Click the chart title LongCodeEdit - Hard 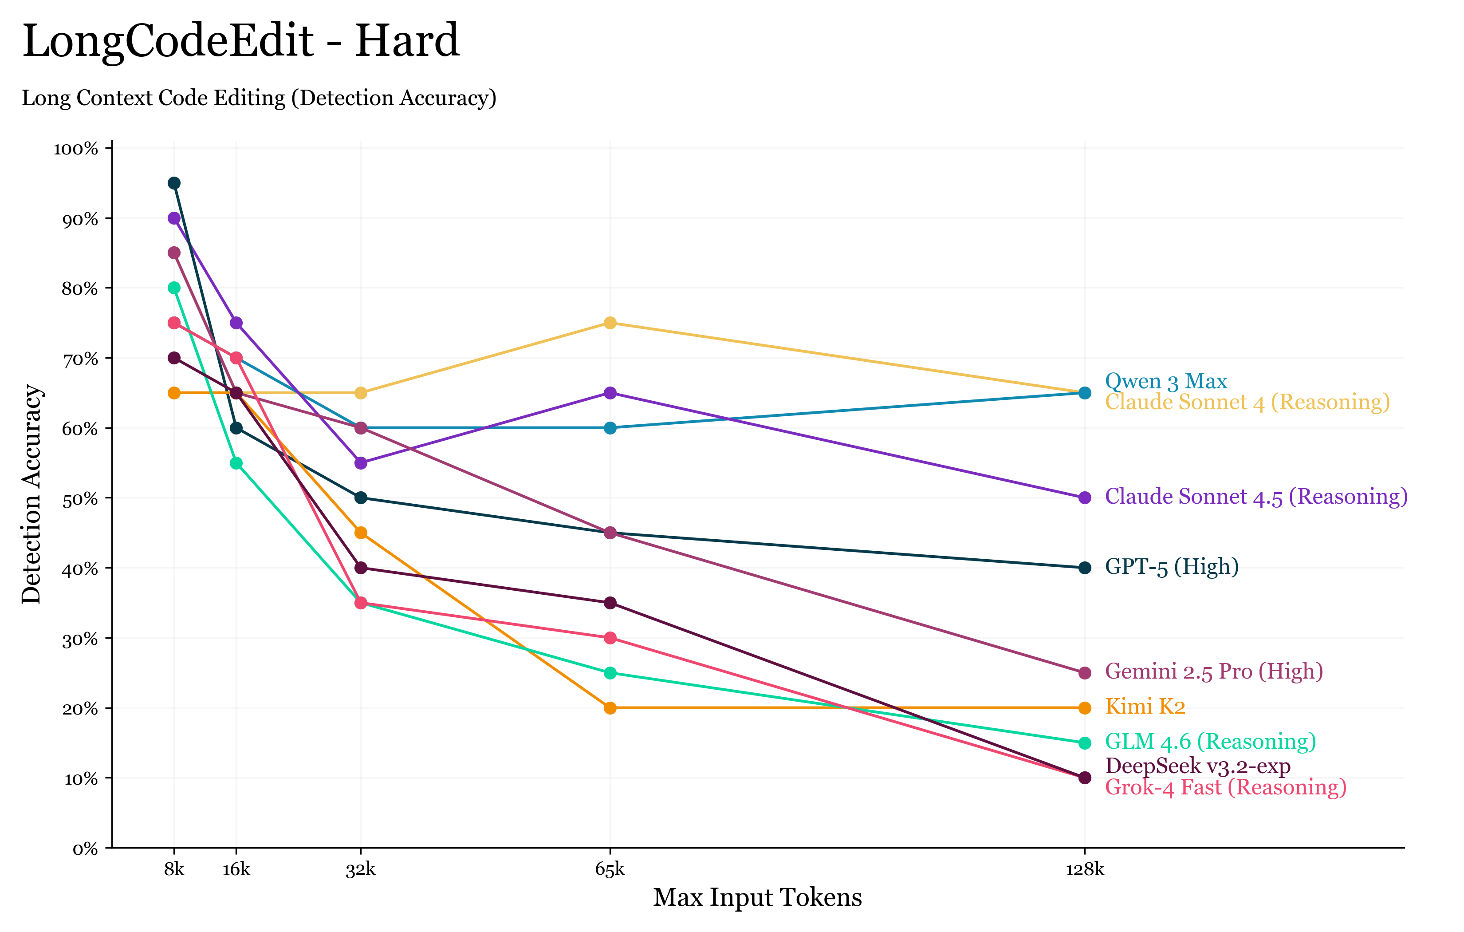241,41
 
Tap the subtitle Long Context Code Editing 259,98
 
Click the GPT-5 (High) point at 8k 174,183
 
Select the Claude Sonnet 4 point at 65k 610,323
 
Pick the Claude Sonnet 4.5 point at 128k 1085,498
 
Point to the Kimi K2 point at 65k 610,708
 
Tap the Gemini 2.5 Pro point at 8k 174,253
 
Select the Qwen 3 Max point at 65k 610,428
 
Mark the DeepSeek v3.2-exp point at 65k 610,603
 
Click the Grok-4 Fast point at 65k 610,638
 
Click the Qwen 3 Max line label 1165,381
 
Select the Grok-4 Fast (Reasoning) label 1225,788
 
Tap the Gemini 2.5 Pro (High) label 1213,671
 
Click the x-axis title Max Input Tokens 757,898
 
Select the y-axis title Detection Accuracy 31,494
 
